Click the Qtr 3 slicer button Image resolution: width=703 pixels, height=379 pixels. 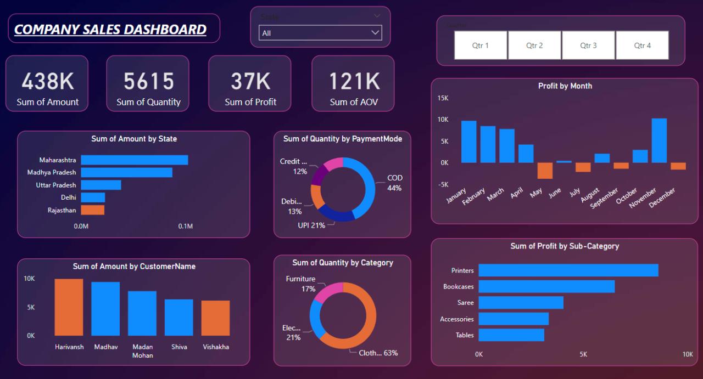(588, 45)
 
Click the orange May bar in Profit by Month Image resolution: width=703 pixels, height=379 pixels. (545, 171)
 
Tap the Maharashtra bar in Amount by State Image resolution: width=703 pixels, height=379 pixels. (135, 160)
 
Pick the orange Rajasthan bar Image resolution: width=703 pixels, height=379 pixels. (92, 210)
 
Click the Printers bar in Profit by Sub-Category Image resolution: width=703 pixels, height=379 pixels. (568, 270)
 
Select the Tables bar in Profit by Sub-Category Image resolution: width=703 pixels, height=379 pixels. (511, 335)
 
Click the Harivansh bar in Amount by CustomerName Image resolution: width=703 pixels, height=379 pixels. (69, 307)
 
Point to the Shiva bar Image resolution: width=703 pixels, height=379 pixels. (179, 317)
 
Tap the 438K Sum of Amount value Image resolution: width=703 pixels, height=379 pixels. (48, 82)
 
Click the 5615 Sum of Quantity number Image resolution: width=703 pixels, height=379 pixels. (148, 82)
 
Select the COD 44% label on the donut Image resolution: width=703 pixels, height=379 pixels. (394, 183)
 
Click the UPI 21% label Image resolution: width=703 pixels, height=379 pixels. (311, 225)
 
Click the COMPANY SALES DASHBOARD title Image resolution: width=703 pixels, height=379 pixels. (110, 29)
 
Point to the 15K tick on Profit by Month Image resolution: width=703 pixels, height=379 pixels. (443, 98)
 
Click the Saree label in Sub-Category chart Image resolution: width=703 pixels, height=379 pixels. (465, 303)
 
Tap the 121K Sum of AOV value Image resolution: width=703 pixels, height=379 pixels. (354, 82)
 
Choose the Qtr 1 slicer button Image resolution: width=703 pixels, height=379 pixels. (481, 45)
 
